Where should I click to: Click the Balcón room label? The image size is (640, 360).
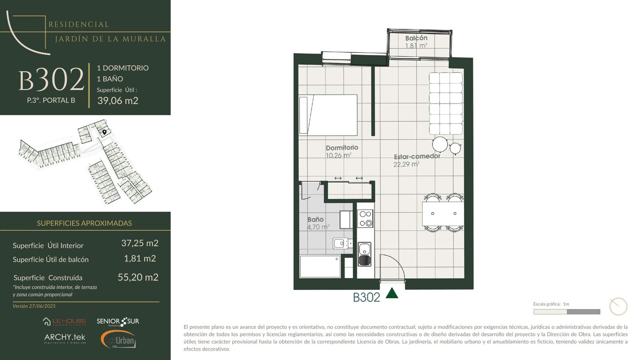416,38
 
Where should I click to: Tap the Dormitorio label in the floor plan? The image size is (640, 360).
342,148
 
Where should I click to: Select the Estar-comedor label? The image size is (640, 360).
417,156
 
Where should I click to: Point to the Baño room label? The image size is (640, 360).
316,220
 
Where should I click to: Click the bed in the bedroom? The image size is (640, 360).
328,115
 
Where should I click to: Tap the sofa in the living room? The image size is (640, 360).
446,104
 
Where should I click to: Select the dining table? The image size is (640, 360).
443,214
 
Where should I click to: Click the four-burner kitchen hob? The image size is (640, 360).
366,218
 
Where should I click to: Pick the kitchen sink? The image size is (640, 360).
365,254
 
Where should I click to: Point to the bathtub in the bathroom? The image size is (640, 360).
320,266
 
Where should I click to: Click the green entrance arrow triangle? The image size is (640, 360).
392,294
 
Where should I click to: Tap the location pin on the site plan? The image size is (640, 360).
104,132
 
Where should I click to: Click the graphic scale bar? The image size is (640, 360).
567,312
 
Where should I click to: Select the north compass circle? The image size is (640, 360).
618,306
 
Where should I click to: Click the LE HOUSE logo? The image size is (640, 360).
64,322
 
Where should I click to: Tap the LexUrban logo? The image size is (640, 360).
118,340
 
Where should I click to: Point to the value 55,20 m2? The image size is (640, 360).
138,278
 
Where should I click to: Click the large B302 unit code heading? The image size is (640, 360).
52,80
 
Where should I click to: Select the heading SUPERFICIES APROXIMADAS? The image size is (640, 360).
84,223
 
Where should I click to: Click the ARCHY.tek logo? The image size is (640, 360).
65,338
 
